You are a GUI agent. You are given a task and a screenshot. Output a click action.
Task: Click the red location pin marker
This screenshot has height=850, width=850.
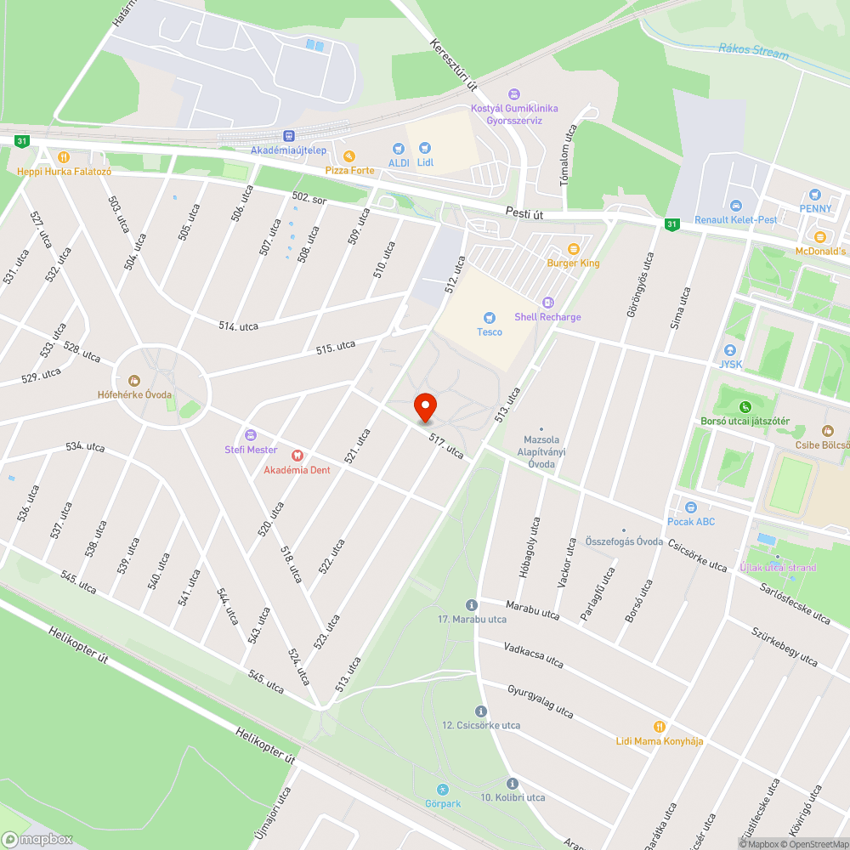point(425,406)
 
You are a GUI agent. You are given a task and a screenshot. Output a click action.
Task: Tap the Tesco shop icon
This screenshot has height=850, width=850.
point(489,317)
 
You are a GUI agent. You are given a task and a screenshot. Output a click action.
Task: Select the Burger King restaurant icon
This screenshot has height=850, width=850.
point(574,248)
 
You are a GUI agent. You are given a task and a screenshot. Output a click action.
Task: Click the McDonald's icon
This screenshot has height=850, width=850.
point(820,236)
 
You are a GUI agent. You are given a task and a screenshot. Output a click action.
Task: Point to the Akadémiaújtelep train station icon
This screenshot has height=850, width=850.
point(289,135)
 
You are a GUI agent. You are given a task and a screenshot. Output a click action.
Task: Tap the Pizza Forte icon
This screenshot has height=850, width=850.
point(348,156)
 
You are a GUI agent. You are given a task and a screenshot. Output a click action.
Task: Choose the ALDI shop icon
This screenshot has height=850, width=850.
point(399,149)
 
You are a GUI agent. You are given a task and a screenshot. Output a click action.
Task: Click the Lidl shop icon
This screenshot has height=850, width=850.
point(425,148)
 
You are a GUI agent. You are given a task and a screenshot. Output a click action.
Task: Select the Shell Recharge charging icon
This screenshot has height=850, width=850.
point(548,302)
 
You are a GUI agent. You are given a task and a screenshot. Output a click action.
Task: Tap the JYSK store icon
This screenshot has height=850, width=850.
point(729,351)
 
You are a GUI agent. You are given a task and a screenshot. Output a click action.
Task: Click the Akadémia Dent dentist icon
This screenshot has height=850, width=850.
point(297,455)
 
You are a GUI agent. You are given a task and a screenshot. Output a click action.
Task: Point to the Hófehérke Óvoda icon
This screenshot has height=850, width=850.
point(134,380)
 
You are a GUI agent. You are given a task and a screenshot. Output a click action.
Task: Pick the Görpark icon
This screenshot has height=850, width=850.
point(442,789)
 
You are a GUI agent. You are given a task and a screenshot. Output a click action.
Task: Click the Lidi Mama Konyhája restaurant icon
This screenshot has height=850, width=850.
point(659,726)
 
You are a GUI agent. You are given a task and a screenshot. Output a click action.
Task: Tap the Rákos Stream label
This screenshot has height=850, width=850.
point(753,52)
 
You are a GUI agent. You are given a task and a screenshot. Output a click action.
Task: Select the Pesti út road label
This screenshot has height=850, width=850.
point(524,216)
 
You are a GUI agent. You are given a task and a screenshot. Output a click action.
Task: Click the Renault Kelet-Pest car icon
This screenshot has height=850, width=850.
point(736,206)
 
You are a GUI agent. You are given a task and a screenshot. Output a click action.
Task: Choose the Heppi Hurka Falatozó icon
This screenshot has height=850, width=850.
point(64,156)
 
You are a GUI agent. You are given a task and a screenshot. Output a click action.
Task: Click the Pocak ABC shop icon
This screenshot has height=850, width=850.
point(691,507)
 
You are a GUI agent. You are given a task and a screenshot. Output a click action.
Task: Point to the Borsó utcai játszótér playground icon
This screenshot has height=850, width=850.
point(745,406)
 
